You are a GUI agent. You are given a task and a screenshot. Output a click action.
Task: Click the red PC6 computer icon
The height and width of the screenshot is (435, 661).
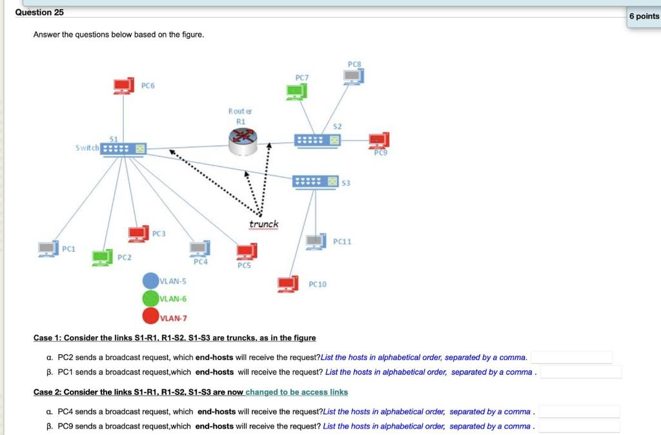point(122,86)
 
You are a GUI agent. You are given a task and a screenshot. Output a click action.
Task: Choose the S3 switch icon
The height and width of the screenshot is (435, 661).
point(315,182)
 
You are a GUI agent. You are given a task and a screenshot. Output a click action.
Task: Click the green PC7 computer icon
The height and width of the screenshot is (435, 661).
point(297,92)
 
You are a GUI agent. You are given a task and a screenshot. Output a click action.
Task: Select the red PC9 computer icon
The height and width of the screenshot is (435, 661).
point(378,141)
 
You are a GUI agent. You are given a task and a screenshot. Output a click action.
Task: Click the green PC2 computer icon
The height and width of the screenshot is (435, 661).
point(102,258)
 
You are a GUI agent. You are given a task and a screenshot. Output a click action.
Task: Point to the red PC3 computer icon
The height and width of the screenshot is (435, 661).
point(138,234)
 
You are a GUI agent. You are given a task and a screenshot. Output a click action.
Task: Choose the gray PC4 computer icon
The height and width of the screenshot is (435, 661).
point(200,248)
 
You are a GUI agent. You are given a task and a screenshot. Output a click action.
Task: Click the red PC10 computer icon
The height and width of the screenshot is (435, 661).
point(287,284)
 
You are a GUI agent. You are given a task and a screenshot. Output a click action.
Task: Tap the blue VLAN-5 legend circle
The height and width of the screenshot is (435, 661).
point(150,281)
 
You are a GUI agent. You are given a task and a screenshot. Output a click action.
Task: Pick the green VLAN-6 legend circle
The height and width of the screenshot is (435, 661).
point(150,299)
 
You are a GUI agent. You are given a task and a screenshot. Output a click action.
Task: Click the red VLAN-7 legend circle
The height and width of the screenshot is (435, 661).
point(150,316)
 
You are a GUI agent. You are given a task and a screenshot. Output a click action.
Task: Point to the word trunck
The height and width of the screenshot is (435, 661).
point(264,224)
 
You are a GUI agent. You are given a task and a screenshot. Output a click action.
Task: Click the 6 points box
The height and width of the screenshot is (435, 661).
point(644,16)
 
